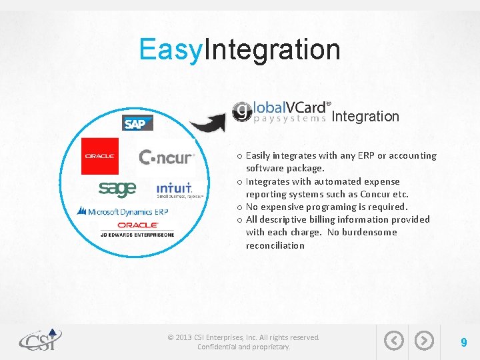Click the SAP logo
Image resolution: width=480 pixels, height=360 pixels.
(x=138, y=123)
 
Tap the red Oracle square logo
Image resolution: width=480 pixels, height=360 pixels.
(x=100, y=156)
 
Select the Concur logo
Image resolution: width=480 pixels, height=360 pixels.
(x=167, y=157)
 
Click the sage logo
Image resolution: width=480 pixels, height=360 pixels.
(x=117, y=189)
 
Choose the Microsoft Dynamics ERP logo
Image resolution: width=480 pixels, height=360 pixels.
(x=123, y=211)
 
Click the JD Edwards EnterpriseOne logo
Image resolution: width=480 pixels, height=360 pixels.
(x=137, y=229)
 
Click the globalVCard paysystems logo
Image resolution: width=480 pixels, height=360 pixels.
(x=281, y=111)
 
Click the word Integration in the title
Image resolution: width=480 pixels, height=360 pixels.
(x=273, y=49)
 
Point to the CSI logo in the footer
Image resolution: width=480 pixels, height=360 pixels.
(x=40, y=340)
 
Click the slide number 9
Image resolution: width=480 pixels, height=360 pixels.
(x=463, y=342)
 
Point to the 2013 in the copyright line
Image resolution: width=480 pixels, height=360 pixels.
(x=184, y=337)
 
